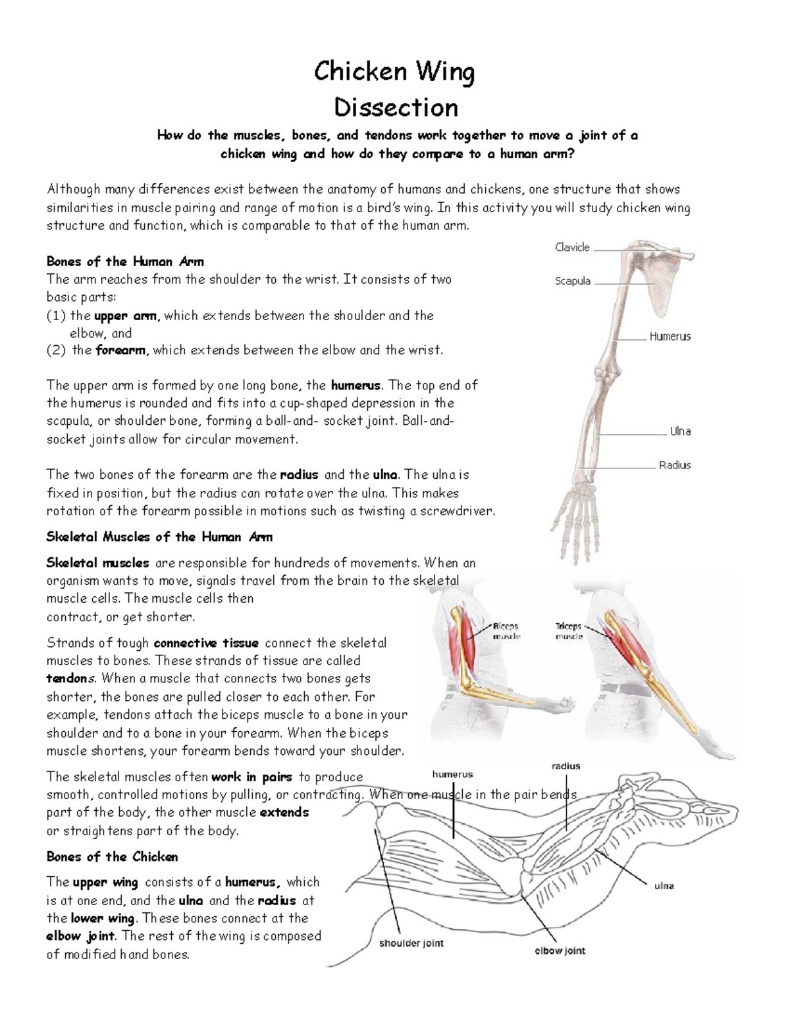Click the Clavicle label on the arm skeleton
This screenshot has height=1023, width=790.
click(x=571, y=247)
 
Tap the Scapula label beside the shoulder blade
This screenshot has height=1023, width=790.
click(x=572, y=281)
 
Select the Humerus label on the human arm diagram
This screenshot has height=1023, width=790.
click(x=670, y=337)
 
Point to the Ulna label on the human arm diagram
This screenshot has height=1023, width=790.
click(x=680, y=431)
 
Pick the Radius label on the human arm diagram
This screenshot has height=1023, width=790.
click(x=674, y=465)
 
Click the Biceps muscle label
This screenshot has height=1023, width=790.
click(x=506, y=631)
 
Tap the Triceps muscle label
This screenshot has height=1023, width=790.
click(x=568, y=631)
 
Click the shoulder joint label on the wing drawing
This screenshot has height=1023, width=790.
click(x=411, y=943)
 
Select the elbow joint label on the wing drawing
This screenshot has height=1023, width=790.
click(x=560, y=951)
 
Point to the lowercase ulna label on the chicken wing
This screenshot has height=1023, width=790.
click(x=664, y=886)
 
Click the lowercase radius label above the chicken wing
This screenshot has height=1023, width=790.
click(x=566, y=766)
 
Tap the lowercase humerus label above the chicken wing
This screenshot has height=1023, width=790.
click(x=452, y=775)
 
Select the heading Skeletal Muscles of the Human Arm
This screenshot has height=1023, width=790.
click(x=159, y=537)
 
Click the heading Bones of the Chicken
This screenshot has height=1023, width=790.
click(x=112, y=857)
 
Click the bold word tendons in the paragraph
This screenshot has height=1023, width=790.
click(x=71, y=678)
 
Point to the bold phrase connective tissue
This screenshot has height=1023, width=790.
click(x=205, y=643)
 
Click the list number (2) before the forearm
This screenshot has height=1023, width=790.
click(x=56, y=350)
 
